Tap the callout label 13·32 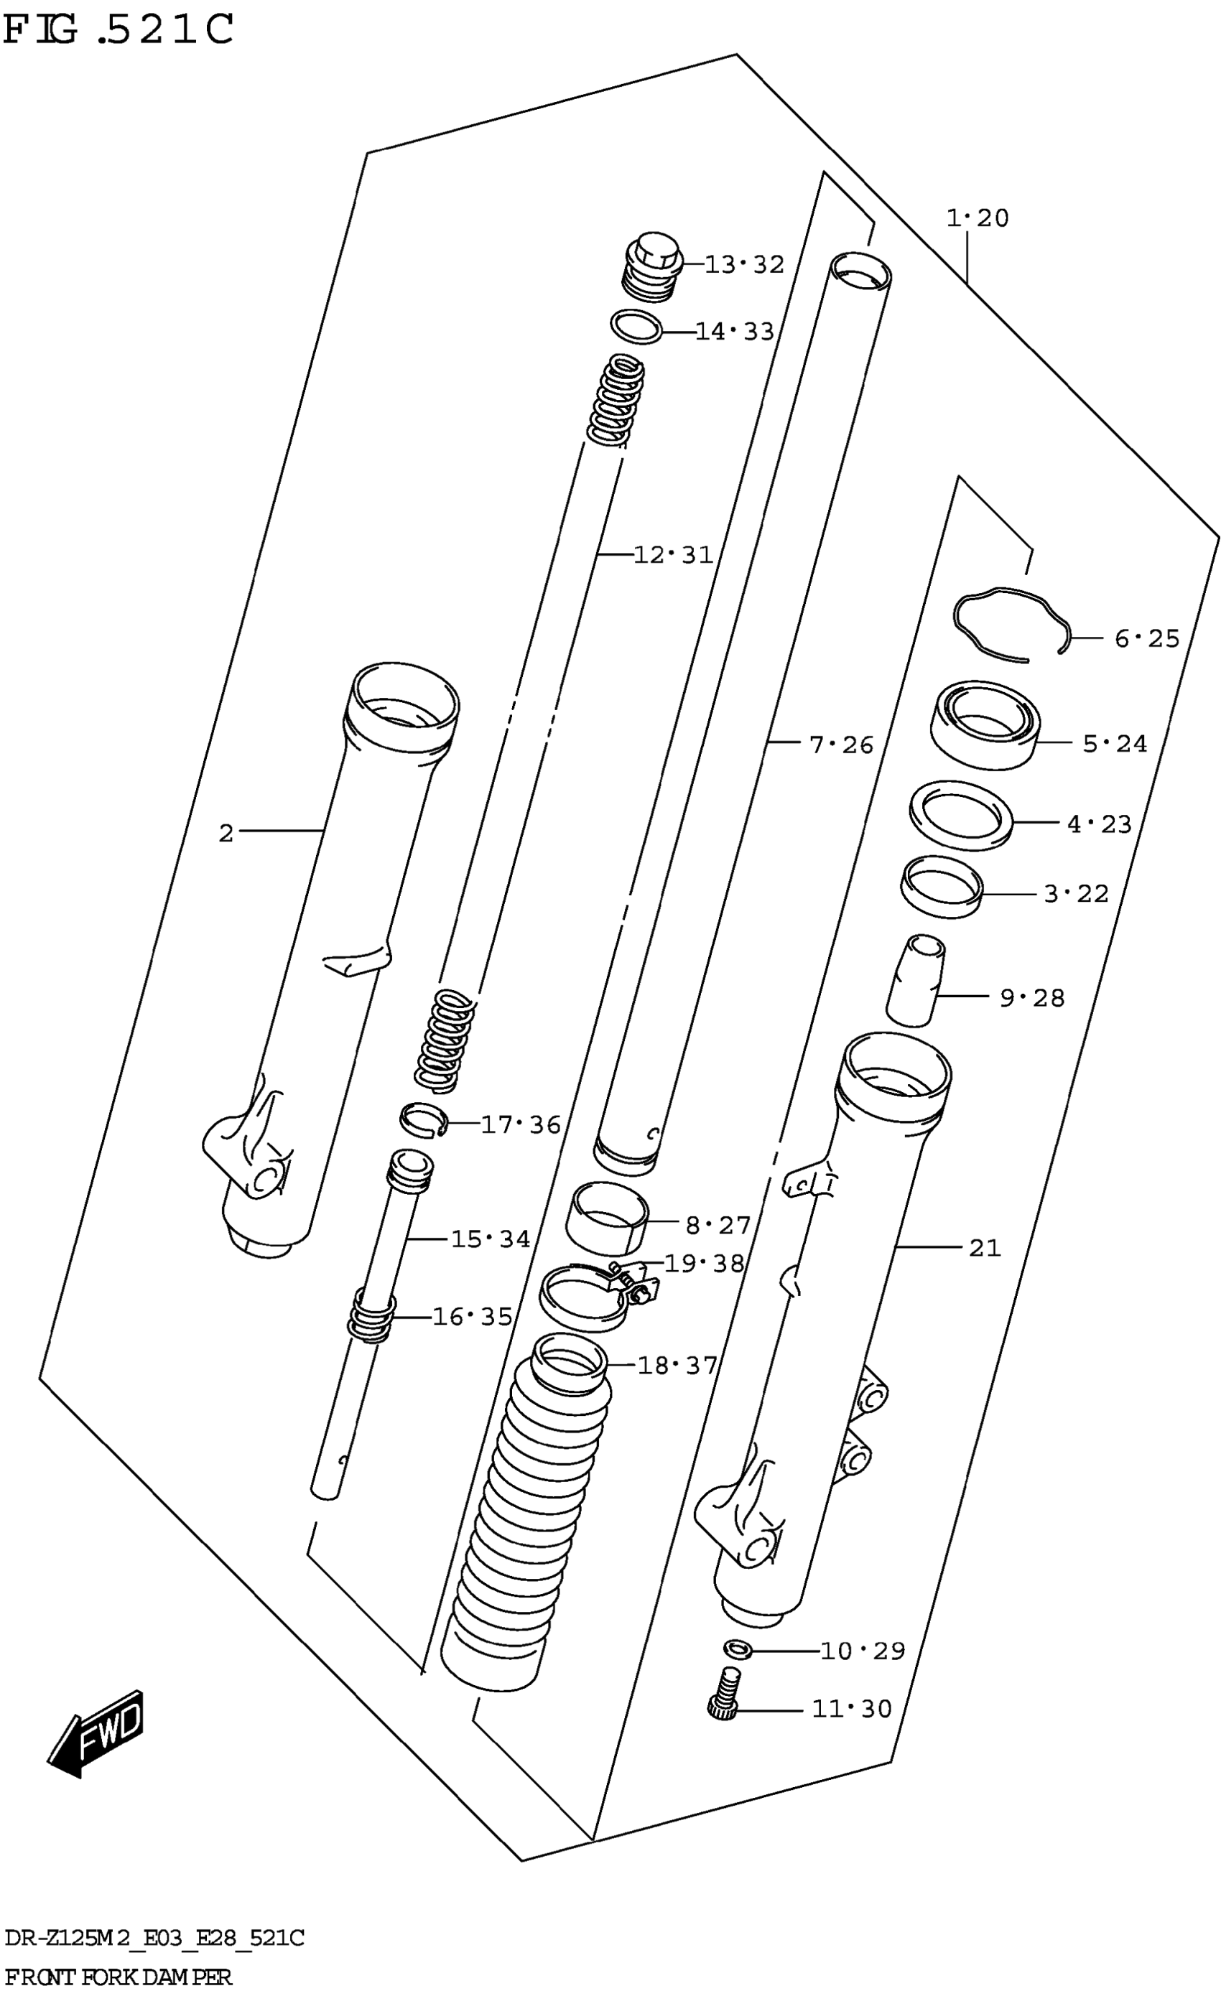pos(743,265)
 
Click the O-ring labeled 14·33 pos(636,327)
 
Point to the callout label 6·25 pos(1146,639)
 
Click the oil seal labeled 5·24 pos(984,723)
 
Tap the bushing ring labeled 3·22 pos(942,887)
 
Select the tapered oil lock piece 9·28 pos(916,981)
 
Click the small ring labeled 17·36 pos(422,1119)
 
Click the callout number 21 pos(984,1249)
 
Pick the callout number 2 pos(226,833)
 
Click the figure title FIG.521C pos(119,31)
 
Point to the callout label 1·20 pos(977,218)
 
